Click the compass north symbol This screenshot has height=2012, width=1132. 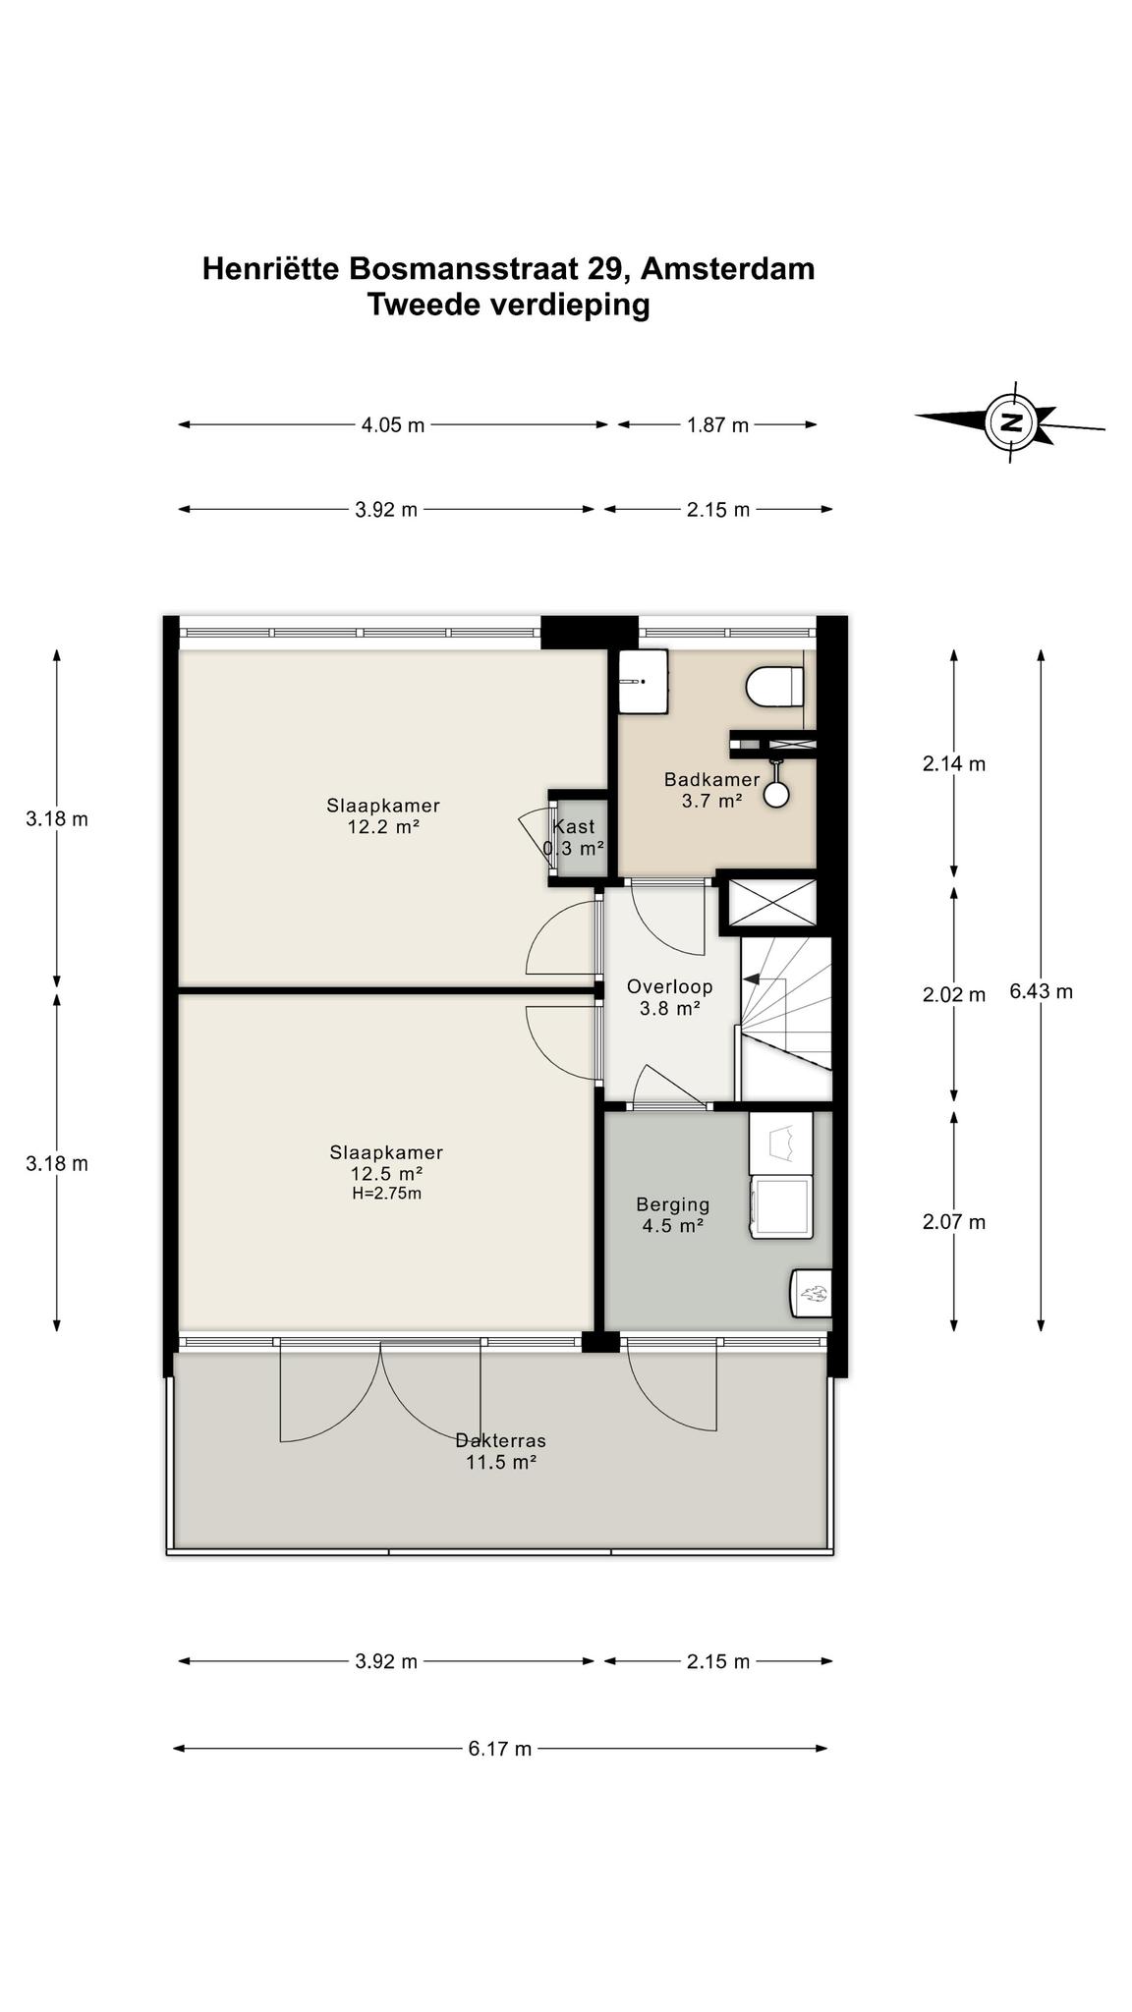tap(1011, 422)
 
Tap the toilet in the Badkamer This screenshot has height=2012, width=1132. tap(776, 687)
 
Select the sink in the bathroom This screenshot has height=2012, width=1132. tap(644, 682)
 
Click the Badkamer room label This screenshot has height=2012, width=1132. tap(711, 790)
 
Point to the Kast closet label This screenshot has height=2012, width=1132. tap(574, 837)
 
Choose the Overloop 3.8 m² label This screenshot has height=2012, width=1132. tap(669, 997)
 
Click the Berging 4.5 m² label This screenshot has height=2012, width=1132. tap(673, 1215)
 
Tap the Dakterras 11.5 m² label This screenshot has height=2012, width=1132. tap(501, 1451)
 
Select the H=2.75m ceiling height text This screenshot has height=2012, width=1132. tap(386, 1194)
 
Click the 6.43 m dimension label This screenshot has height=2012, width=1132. tap(1041, 991)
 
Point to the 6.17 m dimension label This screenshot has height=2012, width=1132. tap(499, 1749)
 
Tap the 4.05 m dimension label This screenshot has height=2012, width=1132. tap(393, 425)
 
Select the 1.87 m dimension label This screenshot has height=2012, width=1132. tap(717, 425)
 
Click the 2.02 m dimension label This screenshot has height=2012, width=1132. tap(954, 995)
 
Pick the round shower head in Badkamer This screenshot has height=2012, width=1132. tap(776, 794)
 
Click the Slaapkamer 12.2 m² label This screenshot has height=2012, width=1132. tap(383, 816)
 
